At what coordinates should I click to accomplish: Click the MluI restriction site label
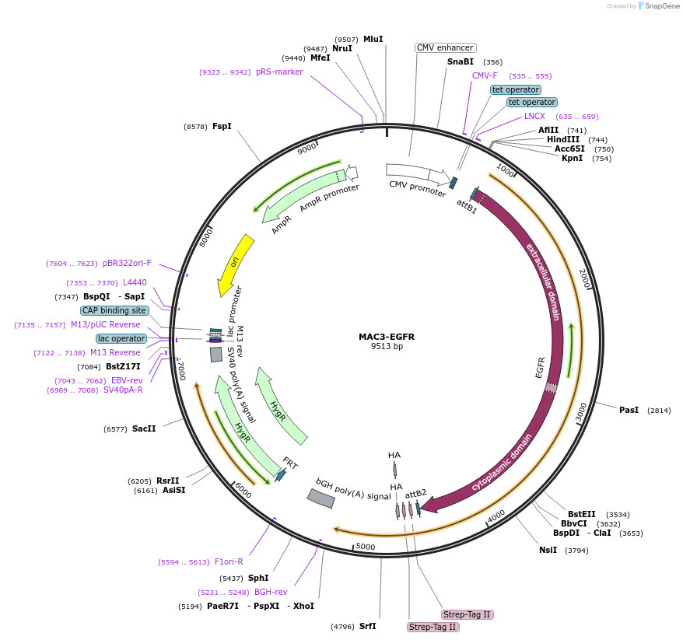point(373,39)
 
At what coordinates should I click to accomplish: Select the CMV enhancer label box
point(446,47)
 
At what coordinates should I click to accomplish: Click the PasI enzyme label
point(629,410)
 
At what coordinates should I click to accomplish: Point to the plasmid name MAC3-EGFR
point(387,337)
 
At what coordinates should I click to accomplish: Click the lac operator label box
point(121,338)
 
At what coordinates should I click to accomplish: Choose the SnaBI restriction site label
point(460,61)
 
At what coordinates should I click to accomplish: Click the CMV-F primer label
point(485,75)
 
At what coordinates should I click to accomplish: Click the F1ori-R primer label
point(229,561)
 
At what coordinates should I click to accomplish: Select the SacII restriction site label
point(144,428)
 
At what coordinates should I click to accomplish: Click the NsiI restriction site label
point(548,550)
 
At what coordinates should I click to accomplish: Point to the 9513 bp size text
point(387,347)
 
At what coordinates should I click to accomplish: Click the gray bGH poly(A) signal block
point(321,498)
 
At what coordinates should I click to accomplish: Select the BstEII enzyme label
point(581,514)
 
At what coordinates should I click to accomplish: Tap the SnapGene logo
point(658,6)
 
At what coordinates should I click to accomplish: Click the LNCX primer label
point(534,116)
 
